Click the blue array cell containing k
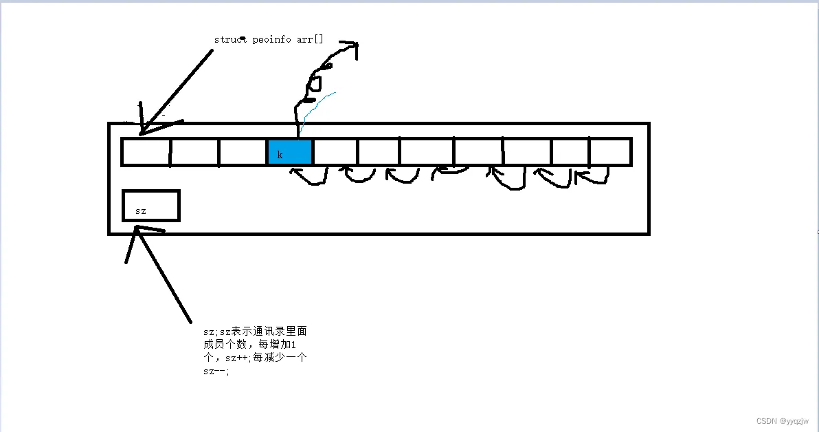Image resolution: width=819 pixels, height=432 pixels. (x=290, y=152)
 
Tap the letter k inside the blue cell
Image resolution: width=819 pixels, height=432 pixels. (x=280, y=155)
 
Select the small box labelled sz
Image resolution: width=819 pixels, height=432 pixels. (x=151, y=206)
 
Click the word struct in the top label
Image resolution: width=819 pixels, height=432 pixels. (x=230, y=39)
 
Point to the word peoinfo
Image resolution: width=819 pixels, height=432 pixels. (x=272, y=39)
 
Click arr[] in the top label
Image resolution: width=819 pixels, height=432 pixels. (x=310, y=39)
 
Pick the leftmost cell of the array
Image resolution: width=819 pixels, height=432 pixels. (x=146, y=152)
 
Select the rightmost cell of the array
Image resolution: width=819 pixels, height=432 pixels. (x=610, y=152)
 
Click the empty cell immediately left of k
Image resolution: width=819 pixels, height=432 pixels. (x=243, y=152)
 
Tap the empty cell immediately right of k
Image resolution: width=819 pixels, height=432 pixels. (x=335, y=152)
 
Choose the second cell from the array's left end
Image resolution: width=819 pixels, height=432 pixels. (x=194, y=152)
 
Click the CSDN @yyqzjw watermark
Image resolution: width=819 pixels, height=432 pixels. (x=783, y=421)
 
